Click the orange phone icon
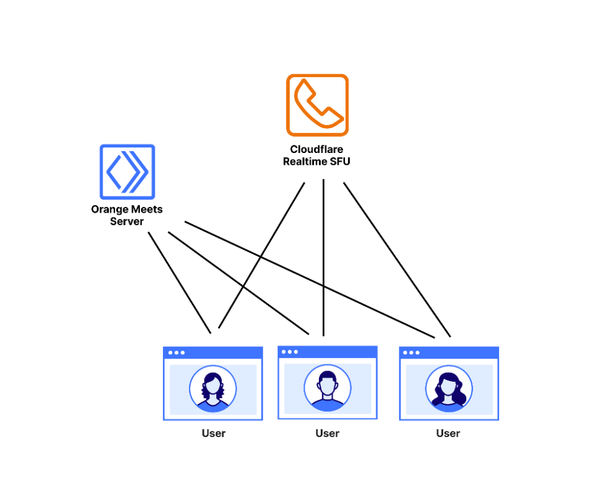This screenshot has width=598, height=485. [x=317, y=104]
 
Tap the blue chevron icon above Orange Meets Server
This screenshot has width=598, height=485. [x=127, y=172]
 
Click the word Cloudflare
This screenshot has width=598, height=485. [x=317, y=149]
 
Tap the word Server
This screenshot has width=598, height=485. [x=127, y=221]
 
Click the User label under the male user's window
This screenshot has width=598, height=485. [x=327, y=433]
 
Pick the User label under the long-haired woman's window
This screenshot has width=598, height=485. [x=448, y=433]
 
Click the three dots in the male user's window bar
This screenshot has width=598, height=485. [x=290, y=352]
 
